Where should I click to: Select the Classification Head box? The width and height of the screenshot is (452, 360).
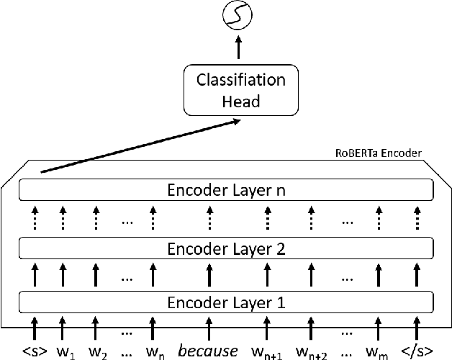coord(241,90)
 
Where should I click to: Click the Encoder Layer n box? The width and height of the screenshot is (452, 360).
coord(226,191)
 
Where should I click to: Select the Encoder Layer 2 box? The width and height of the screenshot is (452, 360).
coord(226,249)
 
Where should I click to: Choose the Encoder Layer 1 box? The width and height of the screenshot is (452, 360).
coord(226,302)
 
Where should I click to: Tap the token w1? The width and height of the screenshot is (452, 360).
coord(65,351)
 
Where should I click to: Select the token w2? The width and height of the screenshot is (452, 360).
coord(99,351)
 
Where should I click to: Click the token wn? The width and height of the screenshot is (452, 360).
coord(155,351)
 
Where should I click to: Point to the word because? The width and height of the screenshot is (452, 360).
coord(208,351)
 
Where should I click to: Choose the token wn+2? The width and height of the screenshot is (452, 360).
coord(312,351)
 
